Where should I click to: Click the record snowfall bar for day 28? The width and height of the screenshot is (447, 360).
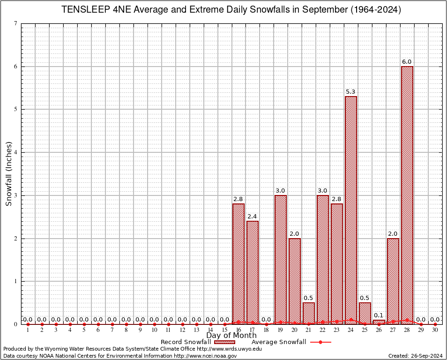click(x=407, y=195)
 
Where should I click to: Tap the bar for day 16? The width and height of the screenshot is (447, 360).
click(x=238, y=263)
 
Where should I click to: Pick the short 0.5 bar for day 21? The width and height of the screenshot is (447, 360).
click(x=309, y=313)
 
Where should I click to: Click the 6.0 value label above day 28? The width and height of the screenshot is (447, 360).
click(x=407, y=62)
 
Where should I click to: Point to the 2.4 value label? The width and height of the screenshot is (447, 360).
click(x=253, y=217)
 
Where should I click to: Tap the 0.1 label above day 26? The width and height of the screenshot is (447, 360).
click(x=379, y=315)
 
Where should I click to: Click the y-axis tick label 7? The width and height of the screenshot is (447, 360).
click(x=16, y=23)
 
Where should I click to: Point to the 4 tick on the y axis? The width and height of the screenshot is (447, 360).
click(x=16, y=152)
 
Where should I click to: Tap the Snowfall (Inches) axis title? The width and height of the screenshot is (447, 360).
click(x=8, y=173)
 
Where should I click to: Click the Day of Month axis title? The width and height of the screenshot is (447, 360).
click(x=231, y=336)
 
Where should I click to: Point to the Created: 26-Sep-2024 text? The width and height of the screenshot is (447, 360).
click(x=416, y=356)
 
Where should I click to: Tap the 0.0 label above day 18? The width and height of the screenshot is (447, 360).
click(x=267, y=320)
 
